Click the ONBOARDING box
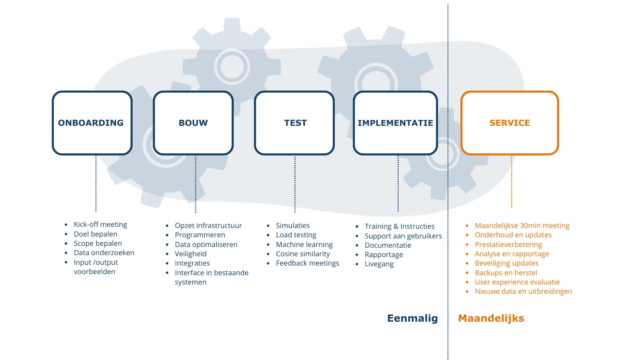point(92,123)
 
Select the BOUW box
point(193,123)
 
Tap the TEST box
point(294,123)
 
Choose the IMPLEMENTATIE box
point(395,123)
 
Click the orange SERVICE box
point(510,123)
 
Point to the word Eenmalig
point(412,318)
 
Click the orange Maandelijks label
point(491,318)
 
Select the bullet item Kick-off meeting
point(100,225)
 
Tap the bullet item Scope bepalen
point(98,243)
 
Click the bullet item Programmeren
point(200,235)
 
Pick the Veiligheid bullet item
point(190,254)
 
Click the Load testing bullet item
point(296,235)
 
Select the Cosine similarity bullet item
point(303,254)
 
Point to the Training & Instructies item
point(399,226)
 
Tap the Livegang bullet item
point(379,264)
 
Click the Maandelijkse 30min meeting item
point(522,226)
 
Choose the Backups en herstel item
point(506,273)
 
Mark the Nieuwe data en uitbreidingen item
point(523,291)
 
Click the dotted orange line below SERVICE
point(512,182)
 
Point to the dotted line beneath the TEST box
point(295,184)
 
